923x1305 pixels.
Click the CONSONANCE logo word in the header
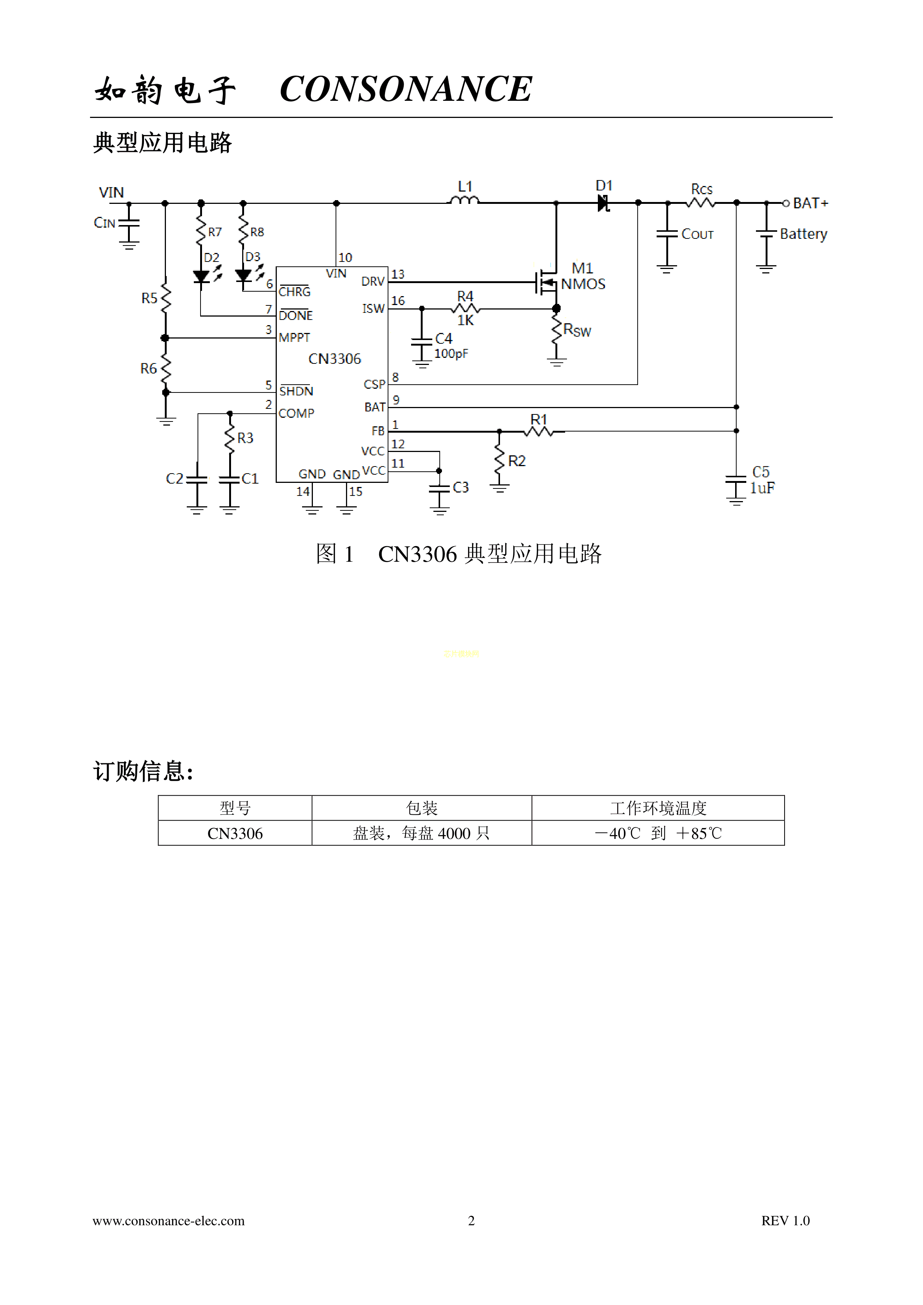406,89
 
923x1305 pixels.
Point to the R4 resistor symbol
465,309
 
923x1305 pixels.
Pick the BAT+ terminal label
811,203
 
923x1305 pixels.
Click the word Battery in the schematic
803,234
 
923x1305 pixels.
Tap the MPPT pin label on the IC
294,338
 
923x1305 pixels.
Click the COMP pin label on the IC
296,413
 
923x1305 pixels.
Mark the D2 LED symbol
201,277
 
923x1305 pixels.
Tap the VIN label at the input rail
111,193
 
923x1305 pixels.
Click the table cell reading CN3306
235,833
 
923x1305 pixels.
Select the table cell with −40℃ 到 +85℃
658,833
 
